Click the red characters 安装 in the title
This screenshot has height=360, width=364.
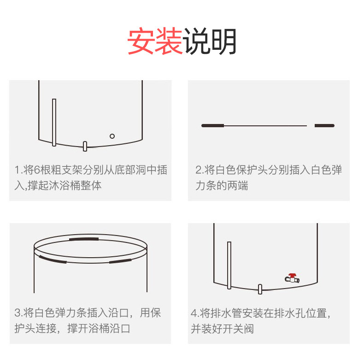coord(155,42)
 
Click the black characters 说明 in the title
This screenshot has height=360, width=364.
coord(210,42)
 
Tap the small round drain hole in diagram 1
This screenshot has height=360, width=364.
coord(112,136)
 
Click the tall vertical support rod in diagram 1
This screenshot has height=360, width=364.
coord(54,122)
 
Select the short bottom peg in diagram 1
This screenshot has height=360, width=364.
coord(85,146)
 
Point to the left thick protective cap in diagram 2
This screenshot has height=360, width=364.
coord(213,125)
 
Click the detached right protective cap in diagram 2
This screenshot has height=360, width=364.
coord(324,125)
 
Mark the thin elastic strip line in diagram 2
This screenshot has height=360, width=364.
coord(265,125)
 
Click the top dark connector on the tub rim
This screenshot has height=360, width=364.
coord(83,239)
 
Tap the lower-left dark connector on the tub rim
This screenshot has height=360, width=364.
coord(53,259)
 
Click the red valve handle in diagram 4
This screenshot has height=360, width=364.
coord(292,275)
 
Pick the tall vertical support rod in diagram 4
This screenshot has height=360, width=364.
coord(229,265)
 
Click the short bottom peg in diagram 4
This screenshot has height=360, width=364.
coord(260,289)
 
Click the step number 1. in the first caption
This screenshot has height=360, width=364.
coord(18,170)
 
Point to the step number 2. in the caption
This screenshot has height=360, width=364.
coord(200,170)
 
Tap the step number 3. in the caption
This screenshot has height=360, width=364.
coord(18,313)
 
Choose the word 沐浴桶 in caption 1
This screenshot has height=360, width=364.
coord(64,186)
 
